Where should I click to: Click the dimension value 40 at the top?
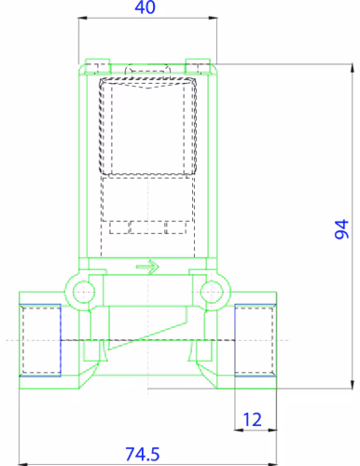(x=145, y=7)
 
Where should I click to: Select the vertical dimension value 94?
(x=342, y=229)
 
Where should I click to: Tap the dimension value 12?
(x=252, y=419)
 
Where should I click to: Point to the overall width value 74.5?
(x=143, y=454)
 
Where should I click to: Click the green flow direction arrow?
(x=147, y=267)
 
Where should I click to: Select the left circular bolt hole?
(x=84, y=292)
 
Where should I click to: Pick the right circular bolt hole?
(x=212, y=292)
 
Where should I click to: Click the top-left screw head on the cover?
(x=97, y=66)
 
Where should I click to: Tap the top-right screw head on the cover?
(x=198, y=66)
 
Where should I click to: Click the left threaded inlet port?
(x=40, y=340)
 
